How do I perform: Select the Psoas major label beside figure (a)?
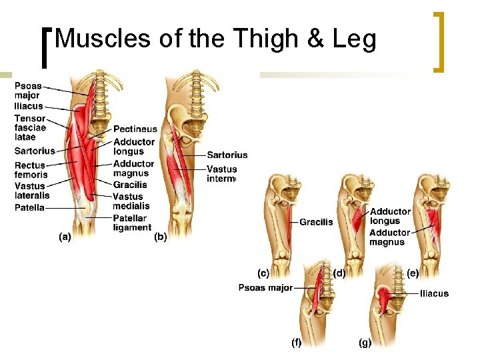pyautogui.click(x=27, y=91)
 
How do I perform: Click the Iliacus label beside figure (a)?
pyautogui.click(x=28, y=106)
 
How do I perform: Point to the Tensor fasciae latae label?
pyautogui.click(x=30, y=127)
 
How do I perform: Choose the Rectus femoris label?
pyautogui.click(x=31, y=170)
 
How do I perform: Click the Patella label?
pyautogui.click(x=29, y=208)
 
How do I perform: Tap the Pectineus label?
pyautogui.click(x=135, y=129)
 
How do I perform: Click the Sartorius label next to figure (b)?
pyautogui.click(x=227, y=155)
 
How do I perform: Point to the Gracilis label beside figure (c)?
pyautogui.click(x=316, y=222)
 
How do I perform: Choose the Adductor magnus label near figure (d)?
pyautogui.click(x=390, y=237)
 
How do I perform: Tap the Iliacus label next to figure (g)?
pyautogui.click(x=434, y=293)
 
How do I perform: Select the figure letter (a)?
pyautogui.click(x=65, y=237)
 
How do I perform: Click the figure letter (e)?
pyautogui.click(x=413, y=273)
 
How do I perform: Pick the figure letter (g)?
pyautogui.click(x=365, y=343)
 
